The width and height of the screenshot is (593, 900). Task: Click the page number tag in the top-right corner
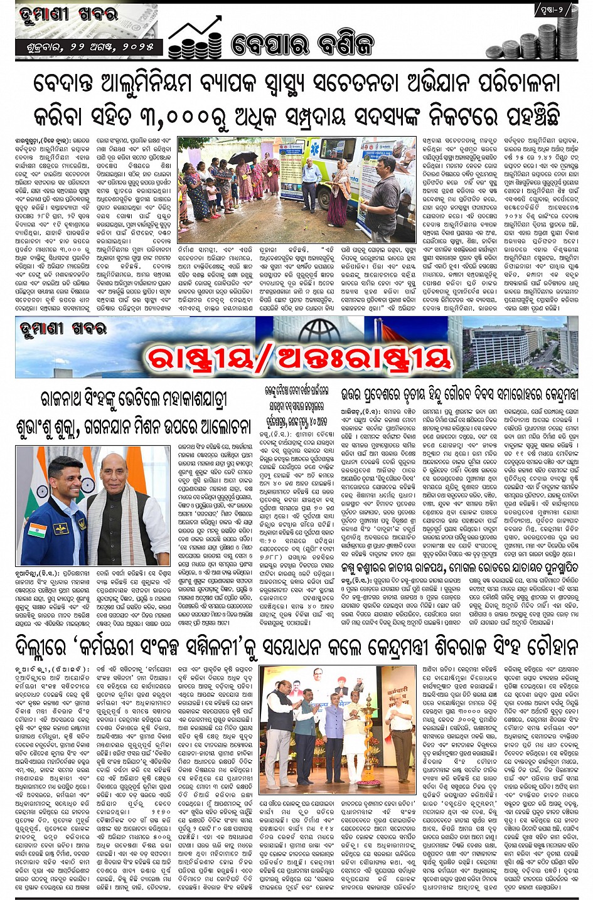pyautogui.click(x=553, y=10)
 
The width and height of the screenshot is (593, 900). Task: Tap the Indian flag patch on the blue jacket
pyautogui.click(x=36, y=529)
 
